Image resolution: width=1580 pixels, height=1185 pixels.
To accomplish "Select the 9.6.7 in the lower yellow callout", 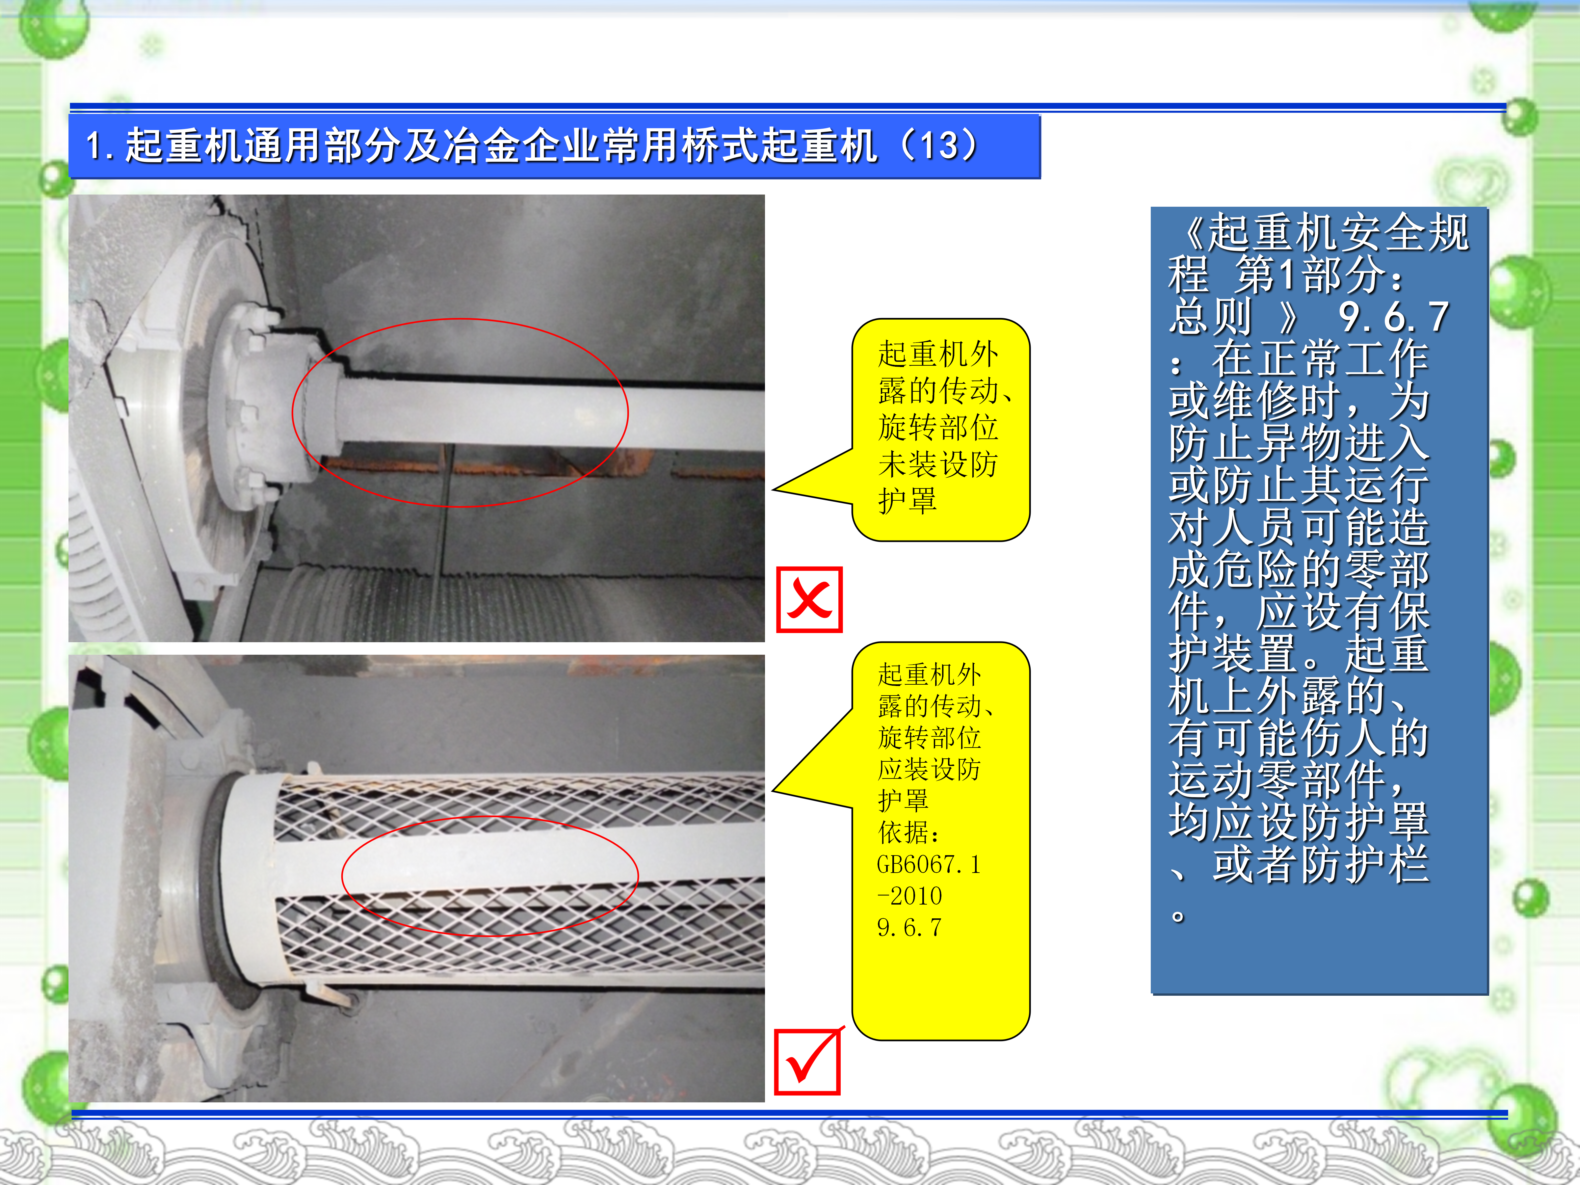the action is (909, 927).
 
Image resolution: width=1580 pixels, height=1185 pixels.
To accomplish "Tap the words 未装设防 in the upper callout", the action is (938, 464).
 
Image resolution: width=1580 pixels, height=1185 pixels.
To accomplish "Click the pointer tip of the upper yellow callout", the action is (774, 490).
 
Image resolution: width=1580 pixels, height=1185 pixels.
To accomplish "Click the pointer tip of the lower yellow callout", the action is (774, 791).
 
